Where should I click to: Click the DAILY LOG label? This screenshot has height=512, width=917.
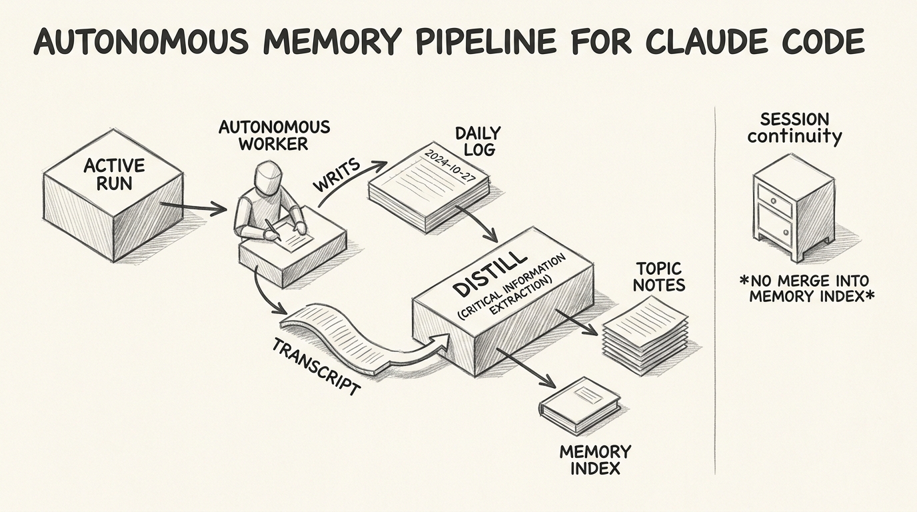[x=477, y=141]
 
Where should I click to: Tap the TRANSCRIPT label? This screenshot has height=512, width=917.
[x=316, y=367]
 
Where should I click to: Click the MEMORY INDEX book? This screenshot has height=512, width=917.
[x=580, y=403]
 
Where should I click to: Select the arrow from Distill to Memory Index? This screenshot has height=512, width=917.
[x=527, y=367]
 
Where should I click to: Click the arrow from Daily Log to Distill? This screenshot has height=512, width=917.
[x=477, y=224]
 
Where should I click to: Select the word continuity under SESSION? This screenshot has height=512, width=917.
[x=794, y=137]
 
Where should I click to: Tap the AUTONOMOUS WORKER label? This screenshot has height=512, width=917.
[x=274, y=135]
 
